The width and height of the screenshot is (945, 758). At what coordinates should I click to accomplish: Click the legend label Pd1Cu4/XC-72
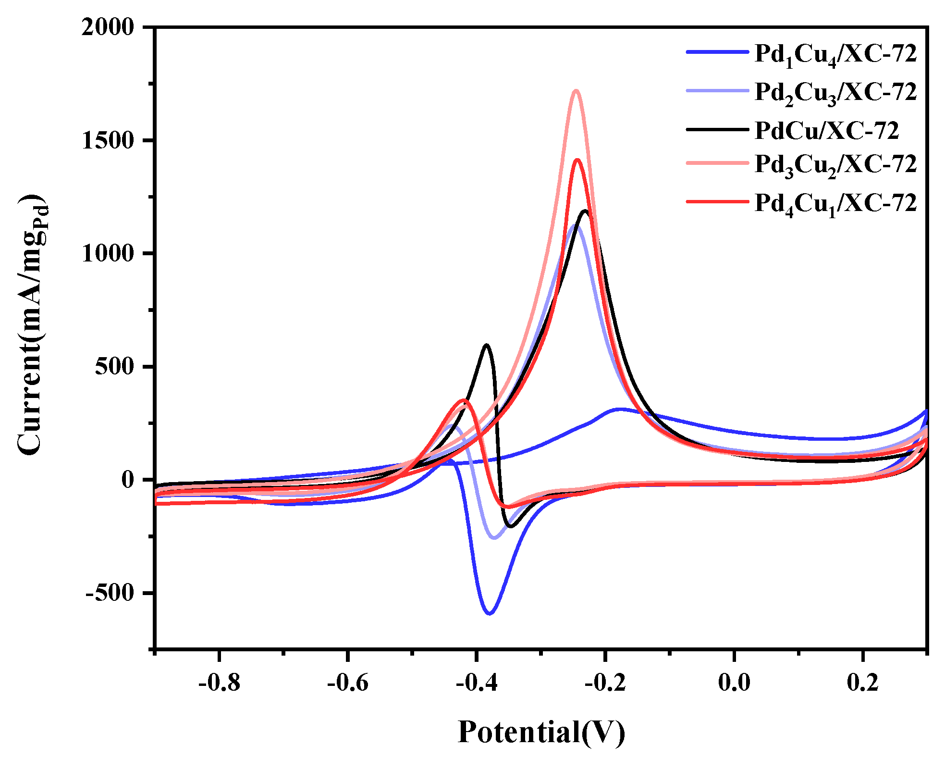[x=835, y=54]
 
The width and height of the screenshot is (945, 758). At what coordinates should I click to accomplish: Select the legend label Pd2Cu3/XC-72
[x=835, y=92]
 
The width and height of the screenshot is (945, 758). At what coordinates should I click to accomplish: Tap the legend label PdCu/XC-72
[x=826, y=130]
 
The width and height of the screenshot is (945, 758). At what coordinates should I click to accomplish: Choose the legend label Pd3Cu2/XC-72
[x=835, y=165]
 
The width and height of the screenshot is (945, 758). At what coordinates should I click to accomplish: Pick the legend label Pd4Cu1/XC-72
[x=835, y=204]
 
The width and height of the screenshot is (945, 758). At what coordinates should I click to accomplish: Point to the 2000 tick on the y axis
[x=108, y=27]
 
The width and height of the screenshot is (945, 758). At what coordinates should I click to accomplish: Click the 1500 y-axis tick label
[x=108, y=140]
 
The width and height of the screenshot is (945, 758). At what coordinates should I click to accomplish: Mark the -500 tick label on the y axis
[x=110, y=593]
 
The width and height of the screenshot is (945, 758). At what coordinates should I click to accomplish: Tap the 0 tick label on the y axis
[x=128, y=480]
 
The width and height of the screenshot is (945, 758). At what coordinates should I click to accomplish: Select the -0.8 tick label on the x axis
[x=219, y=682]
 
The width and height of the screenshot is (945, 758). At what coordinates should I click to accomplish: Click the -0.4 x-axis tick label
[x=477, y=682]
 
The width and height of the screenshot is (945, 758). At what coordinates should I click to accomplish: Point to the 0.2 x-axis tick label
[x=863, y=682]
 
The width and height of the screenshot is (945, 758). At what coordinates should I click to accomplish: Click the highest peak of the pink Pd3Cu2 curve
[x=576, y=90]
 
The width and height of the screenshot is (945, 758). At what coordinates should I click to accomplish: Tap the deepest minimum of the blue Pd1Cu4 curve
[x=490, y=613]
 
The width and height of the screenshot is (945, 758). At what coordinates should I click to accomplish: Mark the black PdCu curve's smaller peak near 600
[x=487, y=345]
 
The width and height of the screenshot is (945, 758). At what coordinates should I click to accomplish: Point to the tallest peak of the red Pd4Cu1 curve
[x=577, y=160]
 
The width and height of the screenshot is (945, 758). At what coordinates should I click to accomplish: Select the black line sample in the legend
[x=717, y=129]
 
